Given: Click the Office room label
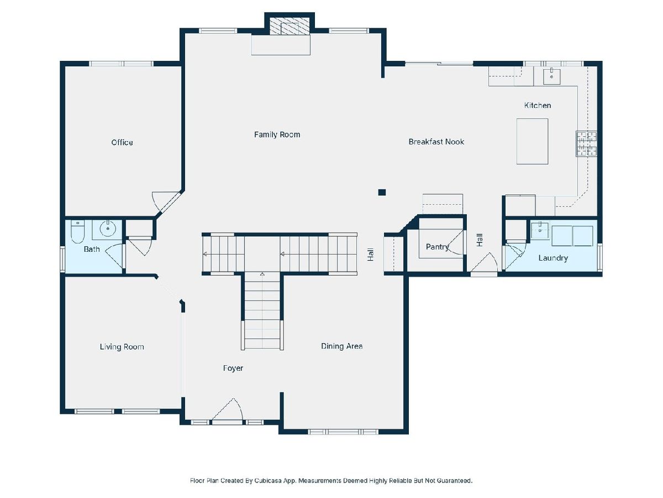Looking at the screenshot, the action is click(x=122, y=142).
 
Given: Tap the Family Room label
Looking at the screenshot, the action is click(x=277, y=134).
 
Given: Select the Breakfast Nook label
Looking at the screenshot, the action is click(x=436, y=142).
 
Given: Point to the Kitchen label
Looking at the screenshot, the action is click(x=538, y=105).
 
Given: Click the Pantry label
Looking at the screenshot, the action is click(x=437, y=247).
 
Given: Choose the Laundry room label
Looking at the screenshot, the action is click(x=553, y=258).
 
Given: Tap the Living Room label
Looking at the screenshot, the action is click(x=122, y=346).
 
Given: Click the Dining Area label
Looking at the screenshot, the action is click(x=341, y=346).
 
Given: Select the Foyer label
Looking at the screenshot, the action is click(x=233, y=368).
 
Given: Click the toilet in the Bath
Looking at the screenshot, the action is click(x=78, y=231).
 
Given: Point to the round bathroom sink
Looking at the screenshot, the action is click(x=107, y=229).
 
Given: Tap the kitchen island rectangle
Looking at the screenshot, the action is click(x=532, y=141).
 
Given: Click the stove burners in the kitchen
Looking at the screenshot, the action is click(x=586, y=144).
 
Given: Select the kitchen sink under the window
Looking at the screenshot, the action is click(x=551, y=76).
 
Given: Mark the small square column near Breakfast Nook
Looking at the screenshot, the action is click(x=382, y=193).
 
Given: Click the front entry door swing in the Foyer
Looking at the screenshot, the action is click(x=228, y=409).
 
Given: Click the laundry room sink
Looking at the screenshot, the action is click(x=540, y=230).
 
